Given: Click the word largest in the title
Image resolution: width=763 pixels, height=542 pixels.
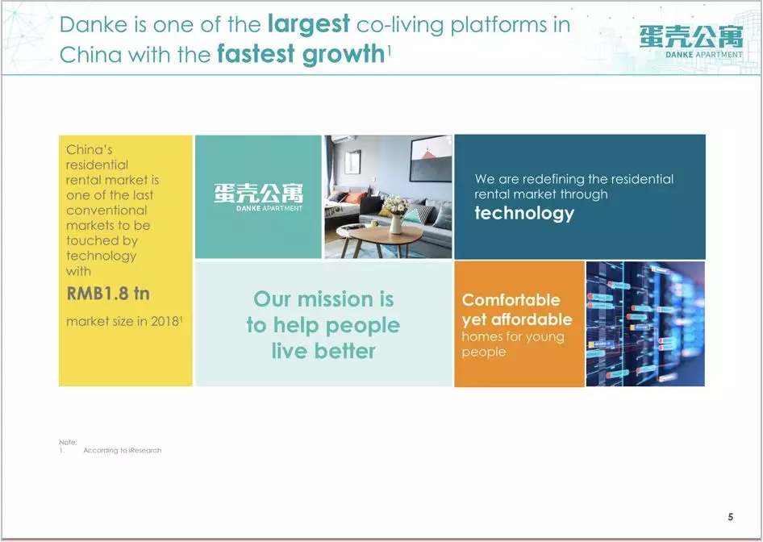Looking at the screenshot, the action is click(x=309, y=24).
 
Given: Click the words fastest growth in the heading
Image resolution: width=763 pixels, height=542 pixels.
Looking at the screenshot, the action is click(x=301, y=54).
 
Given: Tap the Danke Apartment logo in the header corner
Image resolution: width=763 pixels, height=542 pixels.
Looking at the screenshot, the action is click(x=691, y=42).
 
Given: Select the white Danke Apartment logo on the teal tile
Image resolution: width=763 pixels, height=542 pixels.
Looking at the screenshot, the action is click(x=258, y=197).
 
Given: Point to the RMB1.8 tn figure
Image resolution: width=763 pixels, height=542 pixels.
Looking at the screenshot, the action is click(x=108, y=294).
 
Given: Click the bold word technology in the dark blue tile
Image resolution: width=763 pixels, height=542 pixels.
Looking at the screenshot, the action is click(x=524, y=213).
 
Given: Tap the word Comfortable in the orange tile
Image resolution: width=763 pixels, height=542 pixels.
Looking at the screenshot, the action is click(x=511, y=300).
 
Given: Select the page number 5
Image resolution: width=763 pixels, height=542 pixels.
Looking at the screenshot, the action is click(x=731, y=517).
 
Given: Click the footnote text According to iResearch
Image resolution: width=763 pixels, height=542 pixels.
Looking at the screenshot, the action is click(x=122, y=451).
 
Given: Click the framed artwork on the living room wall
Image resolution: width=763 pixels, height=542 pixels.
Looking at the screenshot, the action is click(x=431, y=159).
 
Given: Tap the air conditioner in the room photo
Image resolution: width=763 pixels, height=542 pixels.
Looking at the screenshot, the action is click(x=344, y=139).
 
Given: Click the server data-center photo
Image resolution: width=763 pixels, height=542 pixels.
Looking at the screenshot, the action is click(x=645, y=324).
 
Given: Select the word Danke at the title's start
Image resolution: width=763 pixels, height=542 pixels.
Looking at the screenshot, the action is click(x=94, y=25).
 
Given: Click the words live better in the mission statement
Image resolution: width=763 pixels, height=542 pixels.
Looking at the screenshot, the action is click(x=323, y=351).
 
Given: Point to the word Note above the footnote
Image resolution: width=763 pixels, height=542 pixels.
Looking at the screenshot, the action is click(x=68, y=442).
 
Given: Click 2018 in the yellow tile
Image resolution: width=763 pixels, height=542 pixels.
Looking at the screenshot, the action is click(x=165, y=321).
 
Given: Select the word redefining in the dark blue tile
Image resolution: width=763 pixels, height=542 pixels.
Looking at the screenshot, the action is click(x=552, y=179).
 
